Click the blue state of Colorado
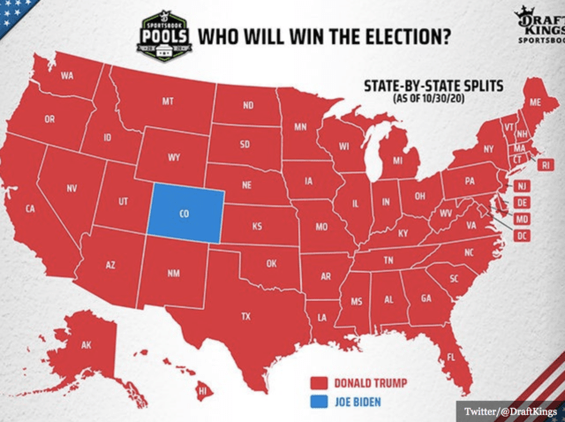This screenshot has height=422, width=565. coord(183,213)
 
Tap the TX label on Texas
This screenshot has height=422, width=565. coord(247,316)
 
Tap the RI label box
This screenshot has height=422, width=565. coord(546,164)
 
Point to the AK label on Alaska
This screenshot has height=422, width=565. coord(87,344)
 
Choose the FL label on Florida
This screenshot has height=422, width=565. coord(450,358)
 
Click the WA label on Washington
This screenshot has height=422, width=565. coord(67,76)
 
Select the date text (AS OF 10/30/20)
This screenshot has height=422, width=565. coord(429,98)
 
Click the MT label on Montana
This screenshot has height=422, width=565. coord(168,103)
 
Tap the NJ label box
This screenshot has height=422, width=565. coord(522,185)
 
